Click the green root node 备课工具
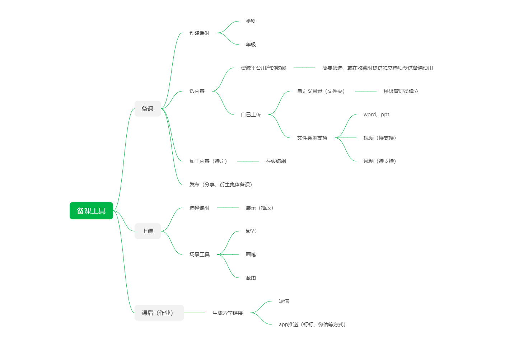(91, 211)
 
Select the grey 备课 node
(148, 109)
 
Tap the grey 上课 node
(148, 231)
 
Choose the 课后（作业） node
(159, 313)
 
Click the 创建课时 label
(200, 33)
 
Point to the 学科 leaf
(251, 21)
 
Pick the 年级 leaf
(251, 44)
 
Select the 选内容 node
(197, 91)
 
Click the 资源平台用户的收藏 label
(263, 68)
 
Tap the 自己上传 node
(251, 114)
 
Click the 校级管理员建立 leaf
(401, 91)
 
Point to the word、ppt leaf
(377, 114)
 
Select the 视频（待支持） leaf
(380, 138)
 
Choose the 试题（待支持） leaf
(380, 161)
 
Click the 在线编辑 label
(276, 161)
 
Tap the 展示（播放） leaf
(260, 208)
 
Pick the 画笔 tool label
(251, 254)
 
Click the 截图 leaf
(251, 278)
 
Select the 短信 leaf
(284, 301)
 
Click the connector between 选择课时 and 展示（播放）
(228, 208)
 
